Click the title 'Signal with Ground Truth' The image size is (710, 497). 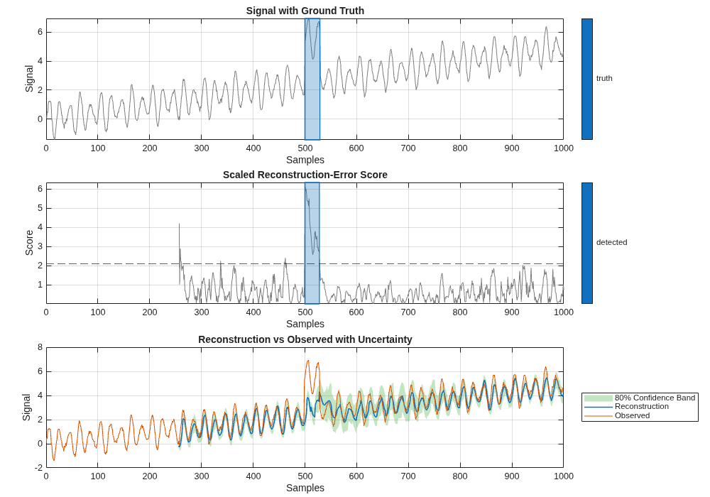305,11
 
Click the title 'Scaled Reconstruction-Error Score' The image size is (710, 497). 305,175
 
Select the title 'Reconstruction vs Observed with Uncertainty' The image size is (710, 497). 305,339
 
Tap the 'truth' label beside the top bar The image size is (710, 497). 604,78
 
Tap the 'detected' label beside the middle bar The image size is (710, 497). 611,242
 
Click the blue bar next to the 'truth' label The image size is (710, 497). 586,79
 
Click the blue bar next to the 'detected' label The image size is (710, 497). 586,243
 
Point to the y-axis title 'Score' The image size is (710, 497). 29,243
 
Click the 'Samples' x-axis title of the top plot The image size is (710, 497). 305,160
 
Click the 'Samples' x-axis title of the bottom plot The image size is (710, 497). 305,488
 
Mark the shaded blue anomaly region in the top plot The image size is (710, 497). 312,79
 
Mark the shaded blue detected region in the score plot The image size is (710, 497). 312,243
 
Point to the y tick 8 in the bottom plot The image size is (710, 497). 40,347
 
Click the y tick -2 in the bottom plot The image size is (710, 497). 38,467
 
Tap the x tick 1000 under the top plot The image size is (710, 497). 563,148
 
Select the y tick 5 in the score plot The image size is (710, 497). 40,208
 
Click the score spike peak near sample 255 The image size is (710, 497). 179,224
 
